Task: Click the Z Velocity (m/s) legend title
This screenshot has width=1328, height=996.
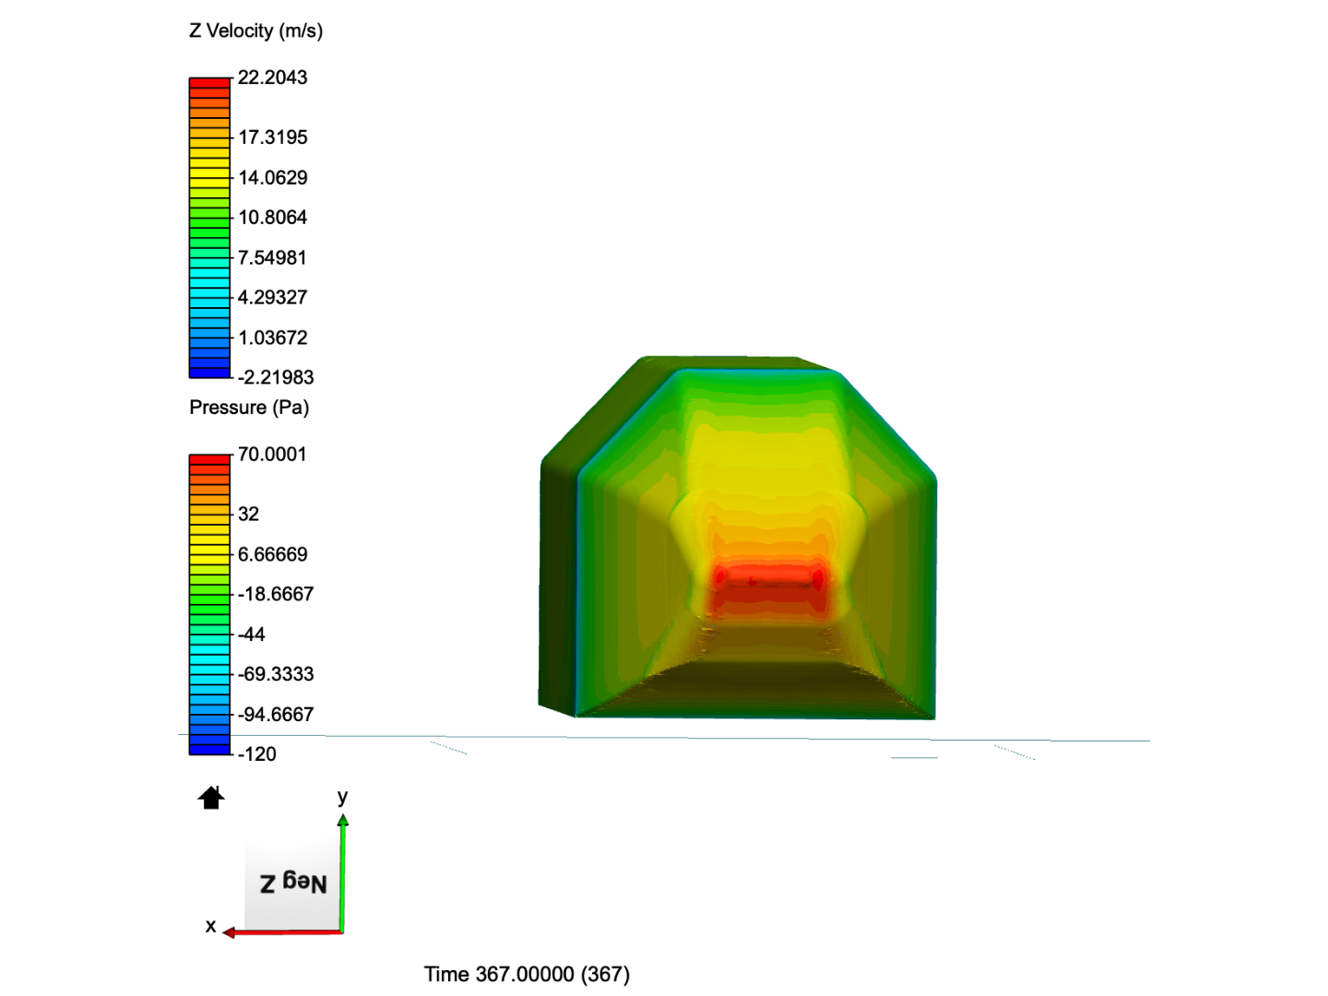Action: (256, 30)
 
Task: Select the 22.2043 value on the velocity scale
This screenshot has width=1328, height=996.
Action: (272, 77)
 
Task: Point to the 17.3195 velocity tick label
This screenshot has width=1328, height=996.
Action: (273, 137)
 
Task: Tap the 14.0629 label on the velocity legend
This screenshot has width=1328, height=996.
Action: (273, 178)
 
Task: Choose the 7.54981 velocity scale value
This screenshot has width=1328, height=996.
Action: (272, 257)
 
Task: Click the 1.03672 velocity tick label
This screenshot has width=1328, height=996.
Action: (273, 338)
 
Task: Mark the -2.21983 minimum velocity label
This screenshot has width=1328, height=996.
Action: (276, 377)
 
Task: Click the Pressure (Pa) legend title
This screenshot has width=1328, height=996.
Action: (249, 408)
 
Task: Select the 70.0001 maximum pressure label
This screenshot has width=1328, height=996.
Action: (272, 454)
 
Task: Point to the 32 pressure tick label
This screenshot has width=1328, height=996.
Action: (249, 514)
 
